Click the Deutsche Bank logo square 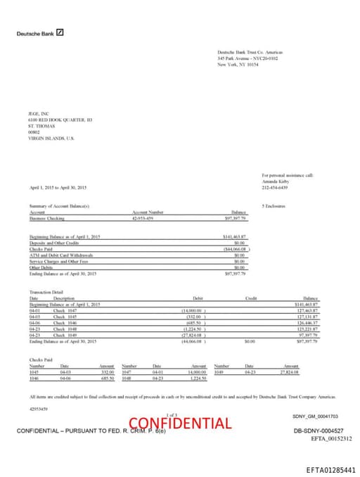point(60,32)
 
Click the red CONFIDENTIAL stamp point(180,423)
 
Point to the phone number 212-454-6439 point(275,187)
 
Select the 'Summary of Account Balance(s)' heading point(59,205)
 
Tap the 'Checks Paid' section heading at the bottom point(41,360)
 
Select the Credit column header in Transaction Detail point(251,298)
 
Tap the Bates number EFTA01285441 point(330,469)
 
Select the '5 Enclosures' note point(274,205)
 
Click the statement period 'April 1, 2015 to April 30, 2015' point(58,187)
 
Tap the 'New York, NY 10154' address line point(238,64)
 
